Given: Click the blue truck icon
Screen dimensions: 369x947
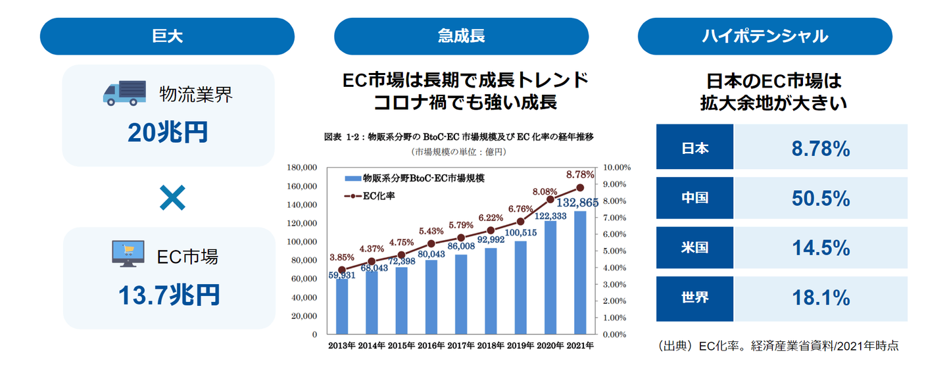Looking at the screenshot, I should pos(124,93).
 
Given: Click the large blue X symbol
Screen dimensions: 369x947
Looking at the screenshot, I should pos(172,197).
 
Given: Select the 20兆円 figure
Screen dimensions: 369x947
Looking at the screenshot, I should pos(168,133).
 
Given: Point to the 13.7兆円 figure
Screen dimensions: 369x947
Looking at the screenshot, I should pos(168,295).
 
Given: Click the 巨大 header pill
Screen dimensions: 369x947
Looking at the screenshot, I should pos(167,36).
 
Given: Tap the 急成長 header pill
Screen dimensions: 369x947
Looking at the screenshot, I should pos(461,36).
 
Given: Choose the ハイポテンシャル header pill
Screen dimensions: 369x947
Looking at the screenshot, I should pos(764,36).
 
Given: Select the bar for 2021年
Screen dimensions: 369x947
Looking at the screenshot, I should pos(580,272).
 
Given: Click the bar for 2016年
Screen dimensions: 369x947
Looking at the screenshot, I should pos(431,297).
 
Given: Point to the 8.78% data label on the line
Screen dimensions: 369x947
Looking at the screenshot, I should pos(580,175).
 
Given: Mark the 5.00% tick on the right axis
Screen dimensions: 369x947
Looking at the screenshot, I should pos(616,251).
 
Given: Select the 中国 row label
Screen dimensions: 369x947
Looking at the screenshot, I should pos(694,198).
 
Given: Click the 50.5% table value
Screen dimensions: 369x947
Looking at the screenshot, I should pos(821,198).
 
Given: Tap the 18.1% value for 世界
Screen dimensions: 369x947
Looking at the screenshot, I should pos(821,298).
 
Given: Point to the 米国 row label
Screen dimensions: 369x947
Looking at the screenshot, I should pos(694,248).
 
